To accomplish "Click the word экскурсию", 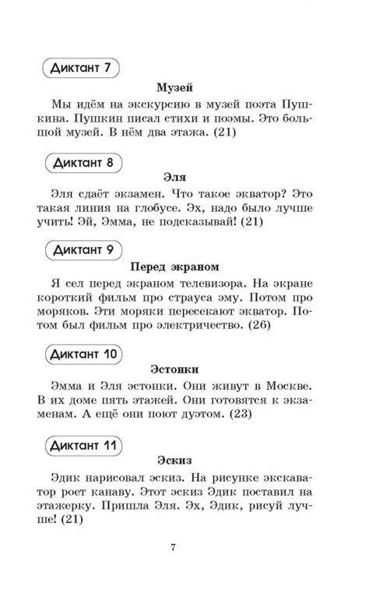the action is coord(169,103).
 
